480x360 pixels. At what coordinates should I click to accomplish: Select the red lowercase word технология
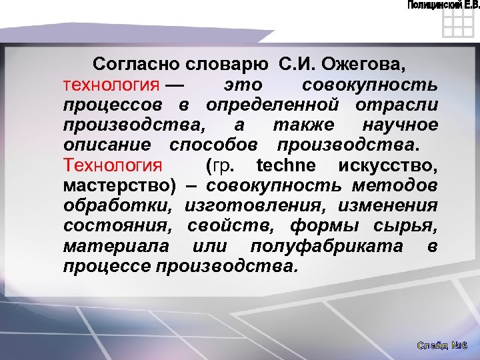tap(111, 86)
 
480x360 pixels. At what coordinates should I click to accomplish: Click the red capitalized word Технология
tap(112, 165)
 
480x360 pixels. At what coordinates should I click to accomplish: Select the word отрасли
tap(406, 106)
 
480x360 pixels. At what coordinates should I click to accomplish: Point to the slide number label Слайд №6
tap(443, 346)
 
